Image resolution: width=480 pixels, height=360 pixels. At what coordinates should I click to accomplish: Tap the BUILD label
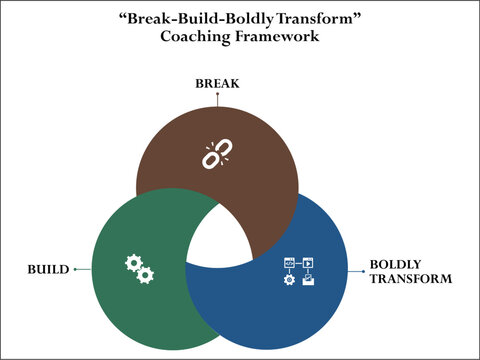point(49,270)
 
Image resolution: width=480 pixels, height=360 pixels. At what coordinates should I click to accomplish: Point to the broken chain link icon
point(217,153)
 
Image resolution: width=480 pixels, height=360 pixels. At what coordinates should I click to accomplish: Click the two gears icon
point(139,267)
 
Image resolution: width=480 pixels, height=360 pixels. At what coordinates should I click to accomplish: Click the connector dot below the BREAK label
point(217,98)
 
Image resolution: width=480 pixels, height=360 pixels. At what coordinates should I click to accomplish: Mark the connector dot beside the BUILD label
point(75,270)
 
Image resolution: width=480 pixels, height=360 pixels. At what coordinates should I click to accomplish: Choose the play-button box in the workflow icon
point(308,262)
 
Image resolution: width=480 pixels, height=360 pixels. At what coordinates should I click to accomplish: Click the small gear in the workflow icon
point(290,279)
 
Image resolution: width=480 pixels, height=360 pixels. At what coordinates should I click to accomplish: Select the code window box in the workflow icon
point(289,262)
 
